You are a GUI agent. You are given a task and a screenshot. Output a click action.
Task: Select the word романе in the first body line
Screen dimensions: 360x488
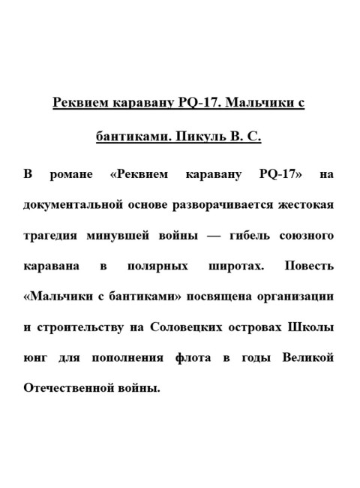click(72, 175)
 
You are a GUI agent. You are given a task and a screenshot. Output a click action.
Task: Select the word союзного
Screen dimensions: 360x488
click(307, 236)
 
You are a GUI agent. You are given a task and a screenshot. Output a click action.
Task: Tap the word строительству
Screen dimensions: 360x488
click(82, 327)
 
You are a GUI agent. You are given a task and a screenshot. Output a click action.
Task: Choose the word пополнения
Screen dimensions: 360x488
click(118, 358)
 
